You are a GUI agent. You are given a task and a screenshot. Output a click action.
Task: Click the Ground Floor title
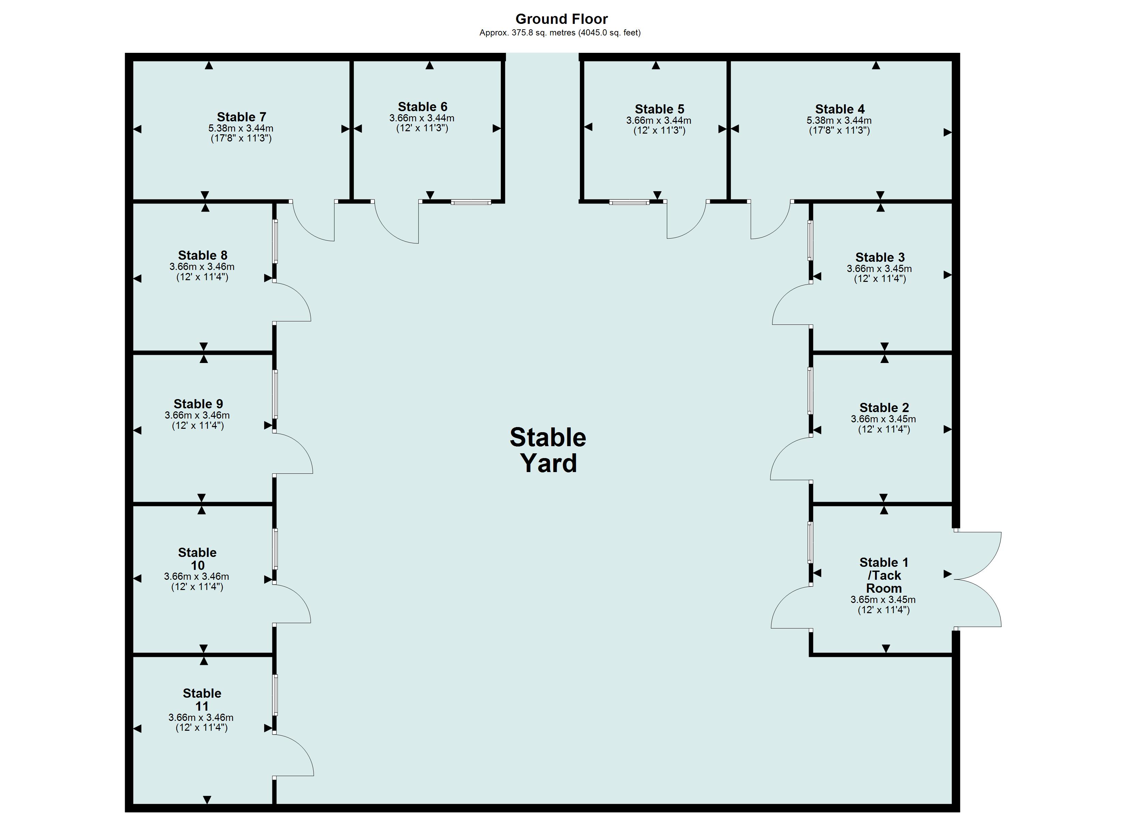(x=561, y=19)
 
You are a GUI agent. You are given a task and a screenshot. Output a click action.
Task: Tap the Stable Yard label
(x=548, y=450)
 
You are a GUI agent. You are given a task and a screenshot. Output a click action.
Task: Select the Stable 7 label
(x=242, y=117)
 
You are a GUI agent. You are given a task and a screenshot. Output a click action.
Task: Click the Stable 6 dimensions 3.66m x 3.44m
(x=422, y=118)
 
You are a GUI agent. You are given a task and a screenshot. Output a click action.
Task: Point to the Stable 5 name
(x=659, y=109)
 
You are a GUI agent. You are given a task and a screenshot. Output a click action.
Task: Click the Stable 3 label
(x=880, y=257)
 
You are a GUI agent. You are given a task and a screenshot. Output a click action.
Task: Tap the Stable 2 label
(x=884, y=408)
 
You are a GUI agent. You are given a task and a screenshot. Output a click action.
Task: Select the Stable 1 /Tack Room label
(x=884, y=575)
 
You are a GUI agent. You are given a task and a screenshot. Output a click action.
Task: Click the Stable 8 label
(x=202, y=256)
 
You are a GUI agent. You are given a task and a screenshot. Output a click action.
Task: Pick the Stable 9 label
(x=198, y=404)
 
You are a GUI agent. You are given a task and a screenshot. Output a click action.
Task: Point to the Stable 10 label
(x=197, y=559)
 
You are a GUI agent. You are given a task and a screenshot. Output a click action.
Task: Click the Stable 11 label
(x=202, y=700)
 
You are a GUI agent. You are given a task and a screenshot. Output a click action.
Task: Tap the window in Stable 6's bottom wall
(x=471, y=202)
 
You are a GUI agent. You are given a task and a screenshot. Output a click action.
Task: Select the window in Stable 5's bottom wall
(x=629, y=202)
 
